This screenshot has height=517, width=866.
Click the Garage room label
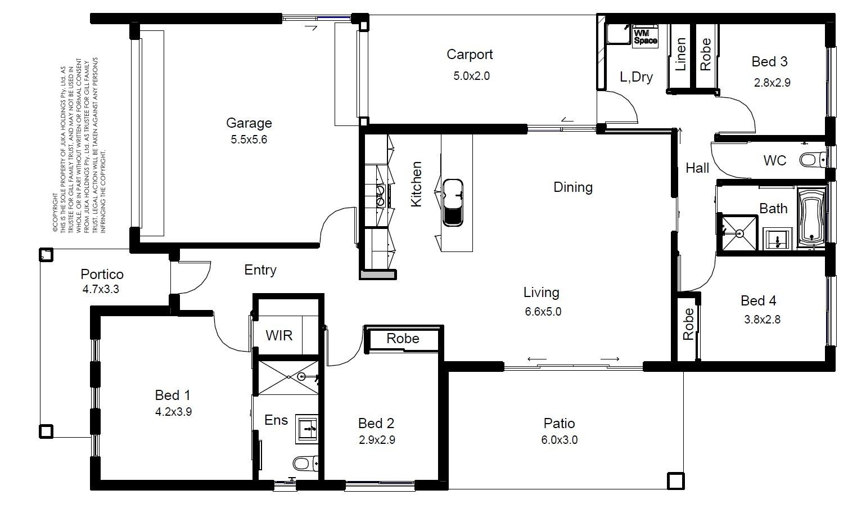coord(249,123)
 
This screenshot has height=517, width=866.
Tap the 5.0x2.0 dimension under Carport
coord(471,76)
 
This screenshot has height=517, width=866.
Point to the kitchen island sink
coord(453,202)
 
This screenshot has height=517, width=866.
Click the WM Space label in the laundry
coord(645,37)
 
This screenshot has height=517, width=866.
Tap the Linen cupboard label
coord(680,54)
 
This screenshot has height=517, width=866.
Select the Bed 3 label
coord(769,61)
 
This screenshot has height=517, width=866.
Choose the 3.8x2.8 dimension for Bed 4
coord(763,320)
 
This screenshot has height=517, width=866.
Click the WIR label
coord(279,335)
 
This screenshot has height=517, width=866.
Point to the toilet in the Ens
coord(305,463)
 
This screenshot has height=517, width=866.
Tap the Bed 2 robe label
coord(403,338)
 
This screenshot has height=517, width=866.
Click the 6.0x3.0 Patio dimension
coord(560,440)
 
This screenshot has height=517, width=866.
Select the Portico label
coord(102,274)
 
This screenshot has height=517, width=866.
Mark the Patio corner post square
coord(676,480)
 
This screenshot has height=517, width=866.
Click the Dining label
coord(573,187)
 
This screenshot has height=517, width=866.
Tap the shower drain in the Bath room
coord(739,233)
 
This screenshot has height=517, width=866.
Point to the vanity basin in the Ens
coord(308,429)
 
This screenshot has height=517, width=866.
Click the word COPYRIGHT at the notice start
coord(55,213)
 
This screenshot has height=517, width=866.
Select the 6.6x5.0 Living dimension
coord(543,311)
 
